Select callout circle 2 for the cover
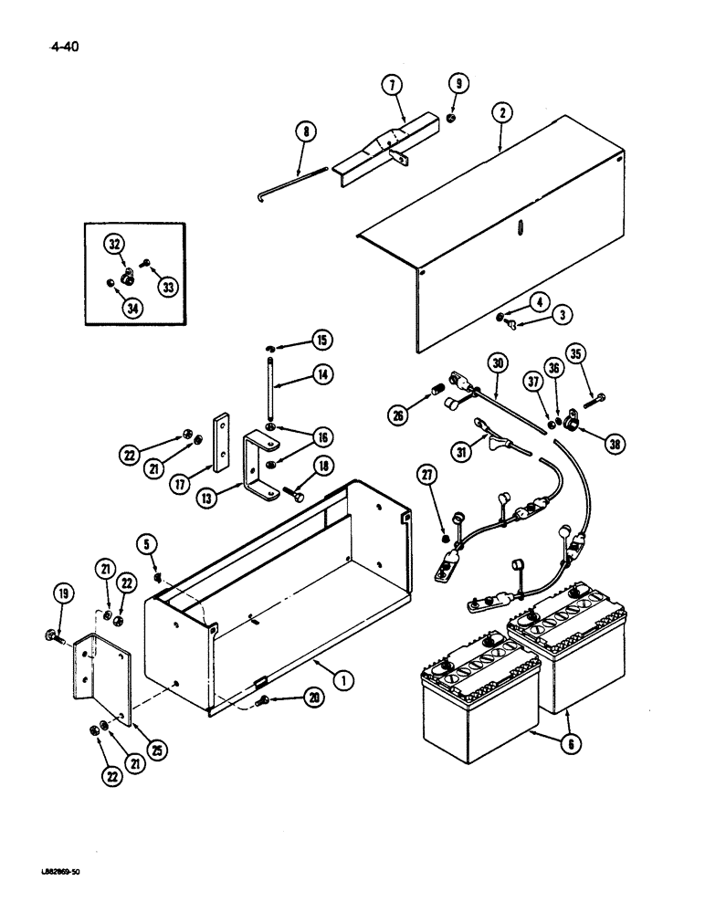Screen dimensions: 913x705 coord(500,114)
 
